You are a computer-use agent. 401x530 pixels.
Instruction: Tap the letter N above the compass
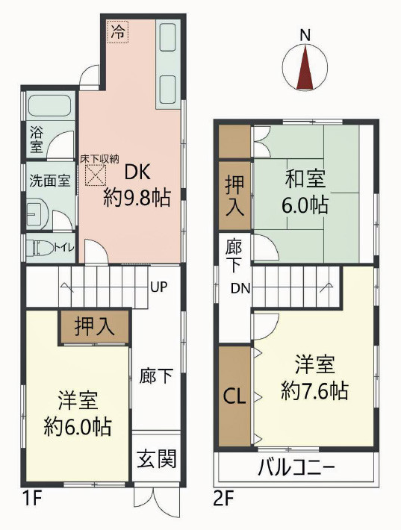click(305, 34)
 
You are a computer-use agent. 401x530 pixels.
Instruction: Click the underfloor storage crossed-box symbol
click(95, 176)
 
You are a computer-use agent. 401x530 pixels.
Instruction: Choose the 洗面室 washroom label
click(49, 180)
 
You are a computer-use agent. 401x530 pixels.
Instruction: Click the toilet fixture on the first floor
click(43, 246)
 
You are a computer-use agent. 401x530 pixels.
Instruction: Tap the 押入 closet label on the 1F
click(95, 327)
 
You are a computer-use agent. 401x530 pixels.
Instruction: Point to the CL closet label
click(235, 395)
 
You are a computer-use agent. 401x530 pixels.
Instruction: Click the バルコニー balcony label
click(296, 470)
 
